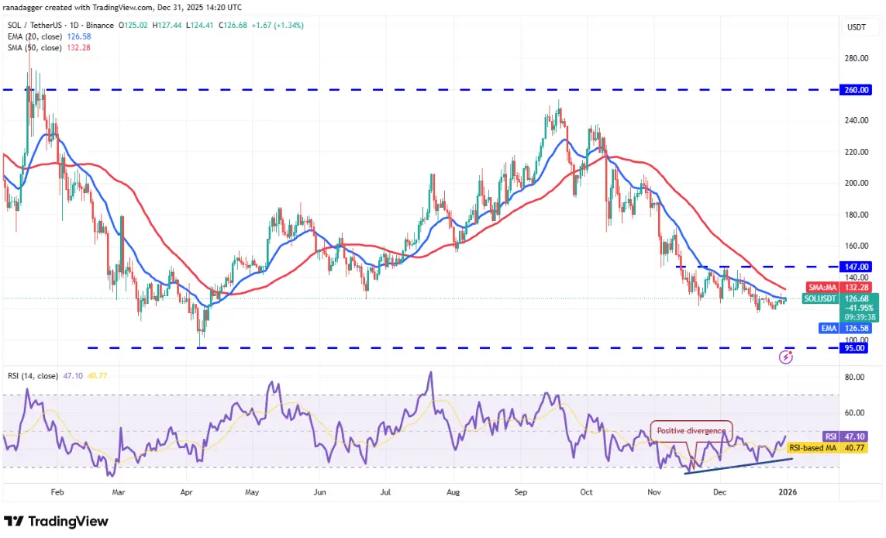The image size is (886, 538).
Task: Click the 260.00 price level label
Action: coord(857,90)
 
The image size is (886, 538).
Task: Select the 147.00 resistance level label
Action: coord(857,266)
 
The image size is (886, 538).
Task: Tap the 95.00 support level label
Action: coord(857,348)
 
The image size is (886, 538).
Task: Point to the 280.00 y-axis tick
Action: coord(856,58)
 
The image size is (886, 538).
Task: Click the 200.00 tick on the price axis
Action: coord(856,183)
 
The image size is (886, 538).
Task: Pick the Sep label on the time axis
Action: coord(522,491)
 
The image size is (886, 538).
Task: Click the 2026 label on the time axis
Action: coord(787,491)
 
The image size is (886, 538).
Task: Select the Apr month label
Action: coord(186,491)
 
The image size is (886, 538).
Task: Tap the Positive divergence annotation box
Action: coord(691,431)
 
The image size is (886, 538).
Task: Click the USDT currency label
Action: coord(856,27)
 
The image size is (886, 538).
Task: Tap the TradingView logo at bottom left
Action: coord(56,522)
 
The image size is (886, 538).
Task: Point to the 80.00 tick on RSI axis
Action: coord(855,377)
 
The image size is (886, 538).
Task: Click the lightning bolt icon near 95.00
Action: coord(787,357)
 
